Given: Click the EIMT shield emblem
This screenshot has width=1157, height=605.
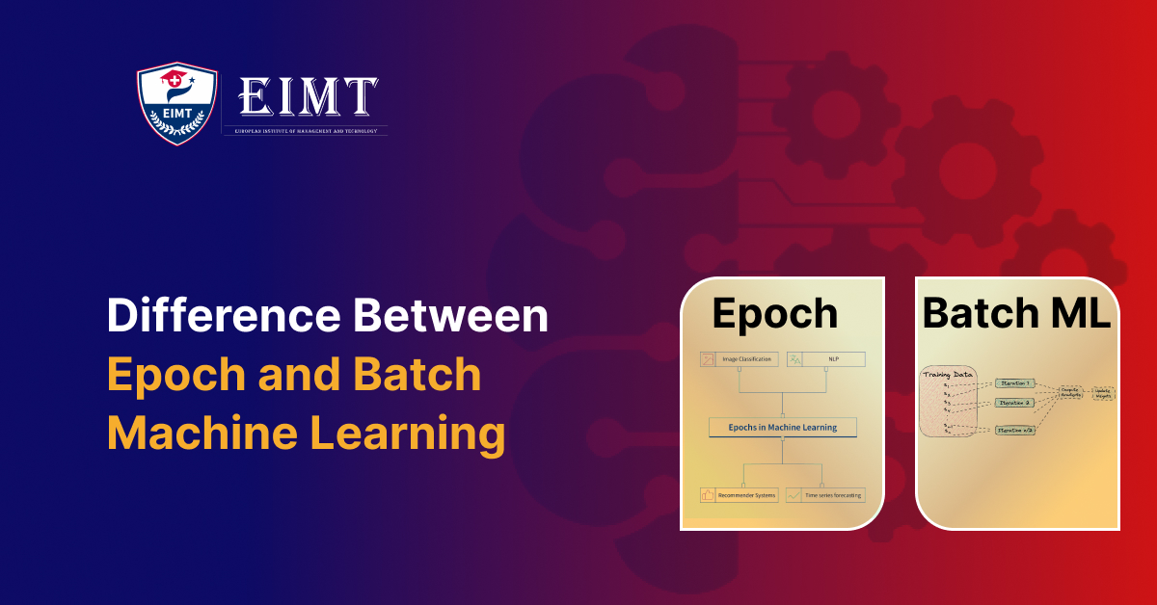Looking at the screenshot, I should point(175,104).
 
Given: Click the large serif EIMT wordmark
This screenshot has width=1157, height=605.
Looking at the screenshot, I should point(307,97).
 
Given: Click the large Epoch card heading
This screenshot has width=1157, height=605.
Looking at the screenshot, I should point(776,313).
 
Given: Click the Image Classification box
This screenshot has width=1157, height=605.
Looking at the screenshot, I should point(739,359).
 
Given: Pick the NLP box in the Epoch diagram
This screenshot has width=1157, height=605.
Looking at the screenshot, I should point(826,359).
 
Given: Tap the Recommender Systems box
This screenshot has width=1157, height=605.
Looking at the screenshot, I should point(739,495).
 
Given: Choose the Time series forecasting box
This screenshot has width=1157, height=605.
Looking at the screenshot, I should point(824,495).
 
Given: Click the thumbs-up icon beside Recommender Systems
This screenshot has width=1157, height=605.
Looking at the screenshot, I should point(708,495).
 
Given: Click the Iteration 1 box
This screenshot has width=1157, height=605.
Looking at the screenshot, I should point(1014,383).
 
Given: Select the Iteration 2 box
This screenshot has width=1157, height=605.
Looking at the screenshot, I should point(1014,403).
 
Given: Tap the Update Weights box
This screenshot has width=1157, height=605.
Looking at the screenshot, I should point(1102,394).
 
